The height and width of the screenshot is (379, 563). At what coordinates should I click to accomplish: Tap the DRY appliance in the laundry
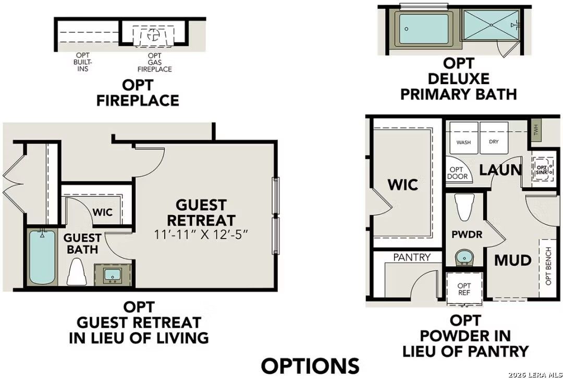click(x=494, y=139)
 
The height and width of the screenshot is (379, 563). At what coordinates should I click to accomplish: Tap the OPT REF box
click(x=463, y=289)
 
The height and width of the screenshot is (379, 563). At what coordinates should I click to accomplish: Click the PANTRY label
click(x=412, y=257)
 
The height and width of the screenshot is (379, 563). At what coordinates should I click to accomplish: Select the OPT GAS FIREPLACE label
click(x=154, y=62)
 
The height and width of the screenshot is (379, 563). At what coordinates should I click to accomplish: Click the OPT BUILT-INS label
click(x=82, y=62)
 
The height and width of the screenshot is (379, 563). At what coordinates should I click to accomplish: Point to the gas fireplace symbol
click(x=153, y=35)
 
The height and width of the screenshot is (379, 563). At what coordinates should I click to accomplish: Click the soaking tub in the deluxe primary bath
click(x=423, y=30)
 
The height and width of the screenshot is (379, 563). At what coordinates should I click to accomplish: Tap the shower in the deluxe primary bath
click(x=488, y=30)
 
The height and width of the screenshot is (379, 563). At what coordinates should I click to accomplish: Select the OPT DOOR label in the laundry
click(x=457, y=173)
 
